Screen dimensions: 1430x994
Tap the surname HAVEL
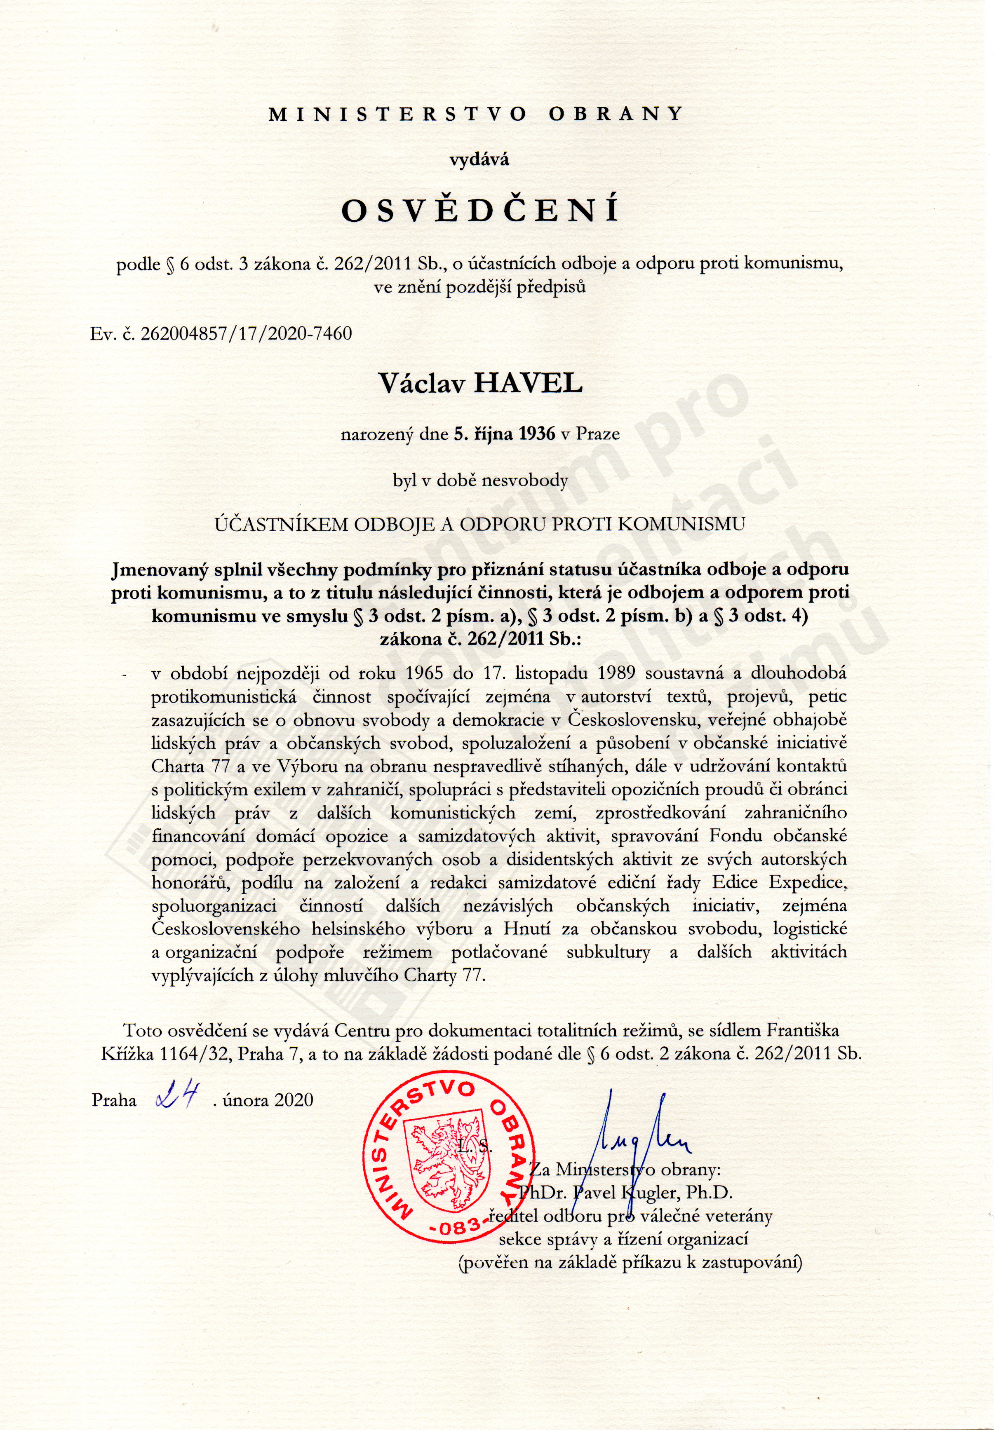[528, 383]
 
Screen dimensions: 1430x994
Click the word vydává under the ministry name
[479, 159]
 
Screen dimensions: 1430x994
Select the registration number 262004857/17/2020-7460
[247, 334]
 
